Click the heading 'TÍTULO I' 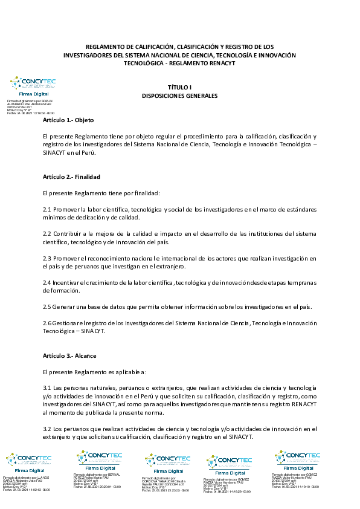(x=179, y=88)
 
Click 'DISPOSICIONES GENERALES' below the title (x=179, y=96)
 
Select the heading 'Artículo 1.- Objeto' (x=68, y=121)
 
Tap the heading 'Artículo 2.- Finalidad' (x=71, y=177)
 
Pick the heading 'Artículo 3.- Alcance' (x=69, y=355)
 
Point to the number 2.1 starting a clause (x=47, y=209)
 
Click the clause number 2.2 (x=47, y=233)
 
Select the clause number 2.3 (x=47, y=258)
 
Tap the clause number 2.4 (x=47, y=282)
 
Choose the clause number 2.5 (x=47, y=306)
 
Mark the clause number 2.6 (x=47, y=323)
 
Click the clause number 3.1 (x=47, y=387)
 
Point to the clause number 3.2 (x=47, y=429)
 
